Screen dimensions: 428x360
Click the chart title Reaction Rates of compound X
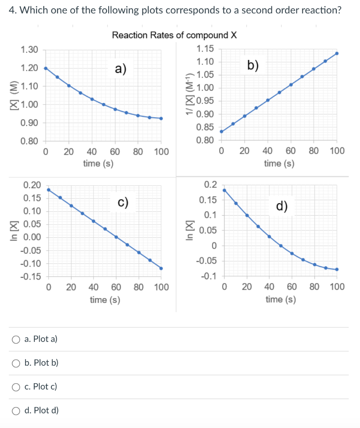tap(174, 35)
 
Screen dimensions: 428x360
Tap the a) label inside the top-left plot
tap(121, 69)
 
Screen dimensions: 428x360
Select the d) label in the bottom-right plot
tap(282, 206)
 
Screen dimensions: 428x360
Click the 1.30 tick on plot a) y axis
tap(29, 50)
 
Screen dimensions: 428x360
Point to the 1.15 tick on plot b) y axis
tap(205, 49)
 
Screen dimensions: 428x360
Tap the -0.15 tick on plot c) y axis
tap(32, 277)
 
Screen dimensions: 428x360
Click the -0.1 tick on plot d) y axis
tap(208, 277)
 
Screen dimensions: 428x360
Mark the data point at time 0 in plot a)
tap(46, 68)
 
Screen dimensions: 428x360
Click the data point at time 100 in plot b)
tap(337, 53)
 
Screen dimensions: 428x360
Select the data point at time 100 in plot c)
tap(161, 268)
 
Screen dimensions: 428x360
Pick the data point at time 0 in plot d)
tap(224, 190)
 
